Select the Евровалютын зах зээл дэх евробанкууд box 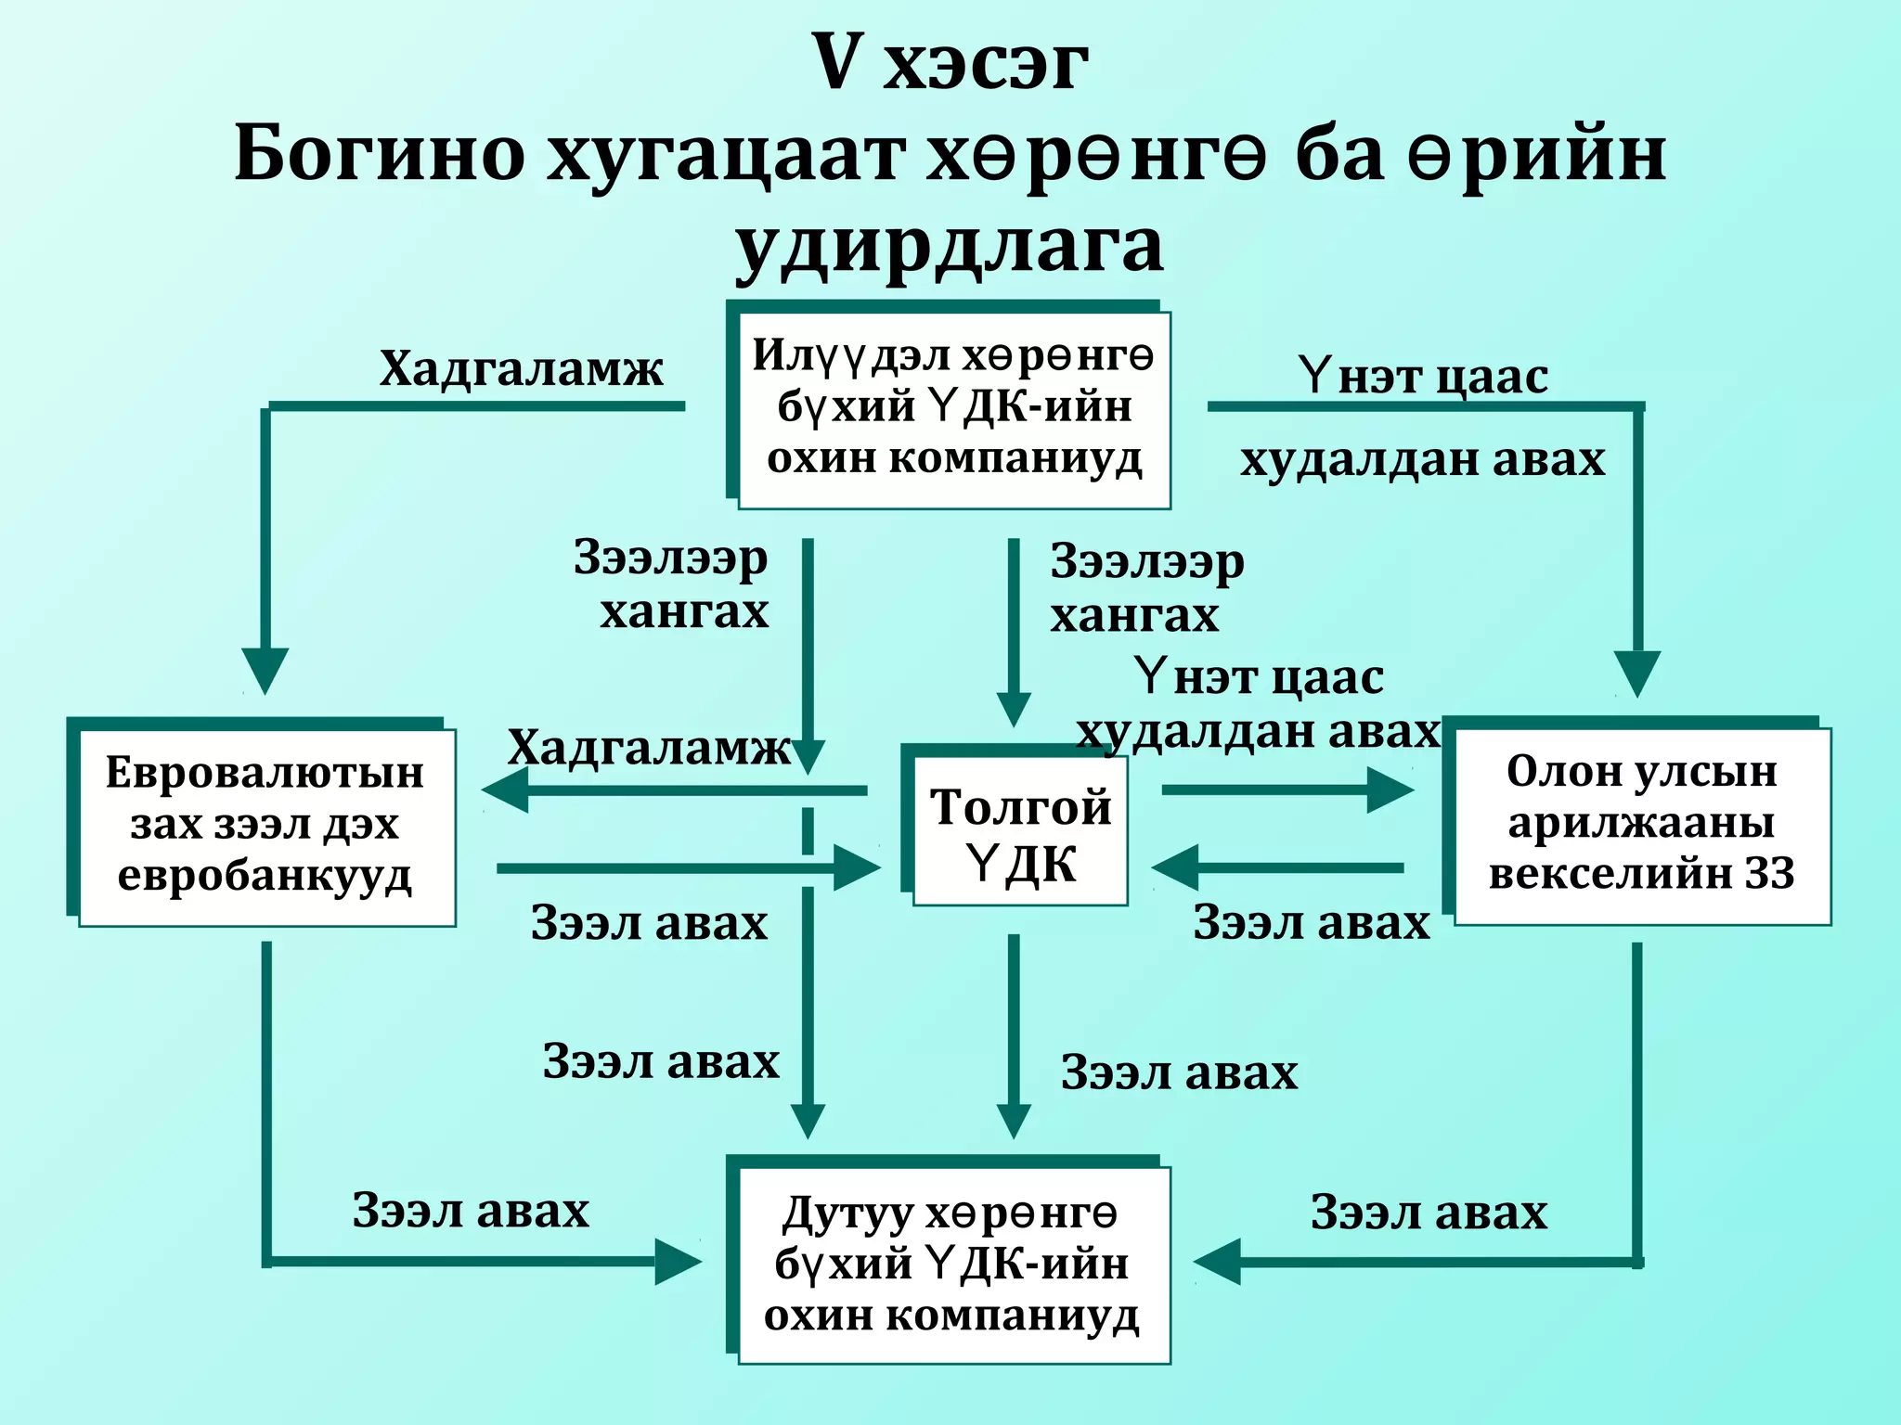click(266, 826)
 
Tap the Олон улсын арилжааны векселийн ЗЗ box click(1641, 824)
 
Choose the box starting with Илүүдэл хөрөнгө click(953, 409)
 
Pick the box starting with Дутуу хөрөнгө click(952, 1265)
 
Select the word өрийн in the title click(1536, 153)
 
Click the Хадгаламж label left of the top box click(521, 368)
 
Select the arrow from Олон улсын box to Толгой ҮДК click(1279, 868)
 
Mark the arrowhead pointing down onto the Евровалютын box click(265, 670)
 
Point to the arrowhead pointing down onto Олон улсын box click(1637, 673)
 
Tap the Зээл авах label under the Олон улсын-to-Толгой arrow click(1311, 922)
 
